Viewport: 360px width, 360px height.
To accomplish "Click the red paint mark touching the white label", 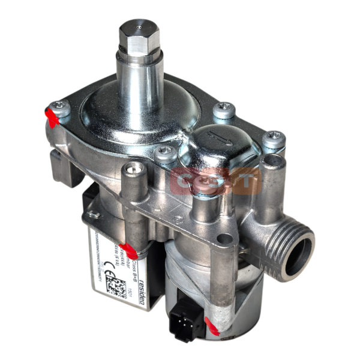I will click(127, 247).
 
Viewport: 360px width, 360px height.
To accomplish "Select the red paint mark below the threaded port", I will click(212, 326).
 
